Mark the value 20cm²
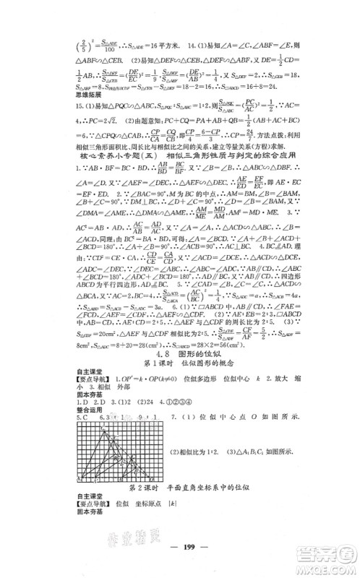pos(106,334)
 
